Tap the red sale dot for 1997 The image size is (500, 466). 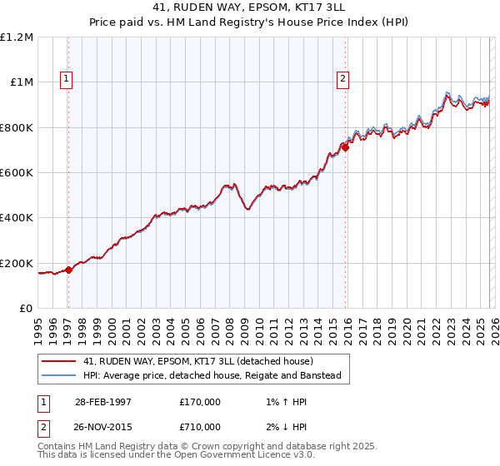point(69,269)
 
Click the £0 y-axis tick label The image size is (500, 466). point(27,309)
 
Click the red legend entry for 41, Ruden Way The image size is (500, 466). point(197,361)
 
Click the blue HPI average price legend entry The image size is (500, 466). point(212,376)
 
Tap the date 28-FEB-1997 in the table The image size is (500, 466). point(101,402)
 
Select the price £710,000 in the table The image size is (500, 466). point(200,426)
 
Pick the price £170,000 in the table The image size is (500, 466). point(200,402)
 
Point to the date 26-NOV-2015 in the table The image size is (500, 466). point(101,426)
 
